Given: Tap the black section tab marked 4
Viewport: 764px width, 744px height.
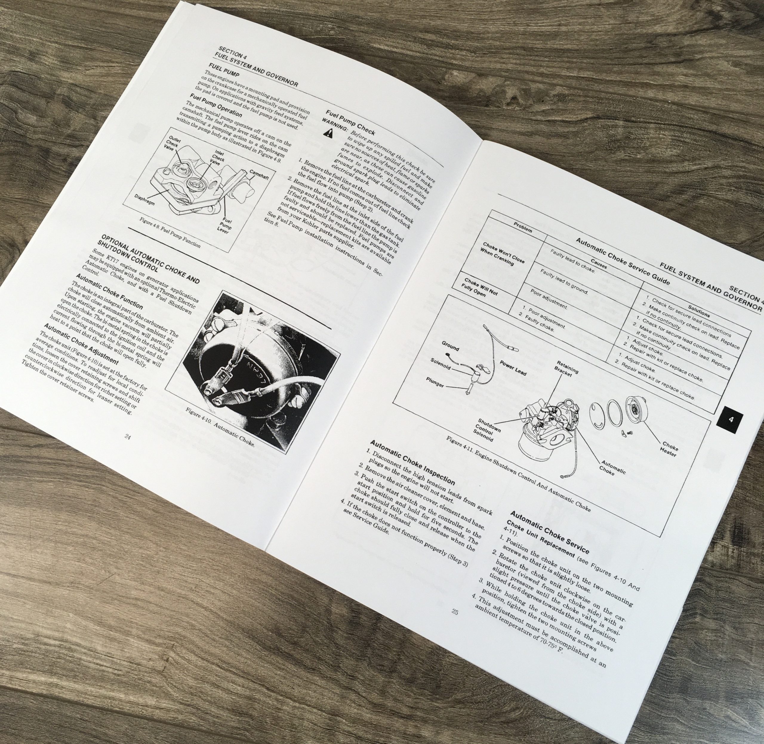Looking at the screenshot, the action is (731, 420).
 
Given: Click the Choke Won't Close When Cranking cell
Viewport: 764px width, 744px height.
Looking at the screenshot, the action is (503, 254).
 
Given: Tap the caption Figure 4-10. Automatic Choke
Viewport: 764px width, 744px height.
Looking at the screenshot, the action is (220, 428).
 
